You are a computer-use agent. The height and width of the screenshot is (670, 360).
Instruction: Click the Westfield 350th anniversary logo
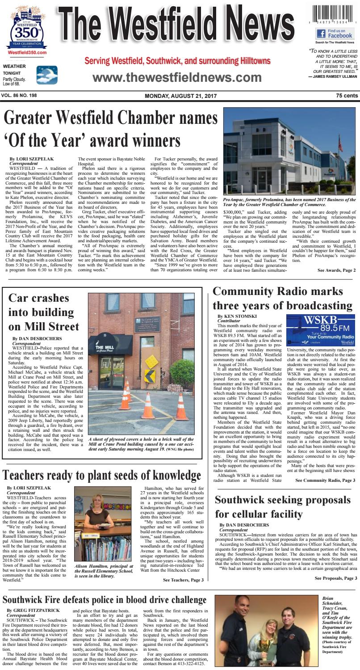tap(28, 30)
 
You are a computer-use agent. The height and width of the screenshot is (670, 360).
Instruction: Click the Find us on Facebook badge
tap(335, 33)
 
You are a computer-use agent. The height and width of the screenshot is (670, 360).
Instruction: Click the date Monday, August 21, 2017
tap(180, 96)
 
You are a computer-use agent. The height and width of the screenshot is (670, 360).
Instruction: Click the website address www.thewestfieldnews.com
tap(176, 77)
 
